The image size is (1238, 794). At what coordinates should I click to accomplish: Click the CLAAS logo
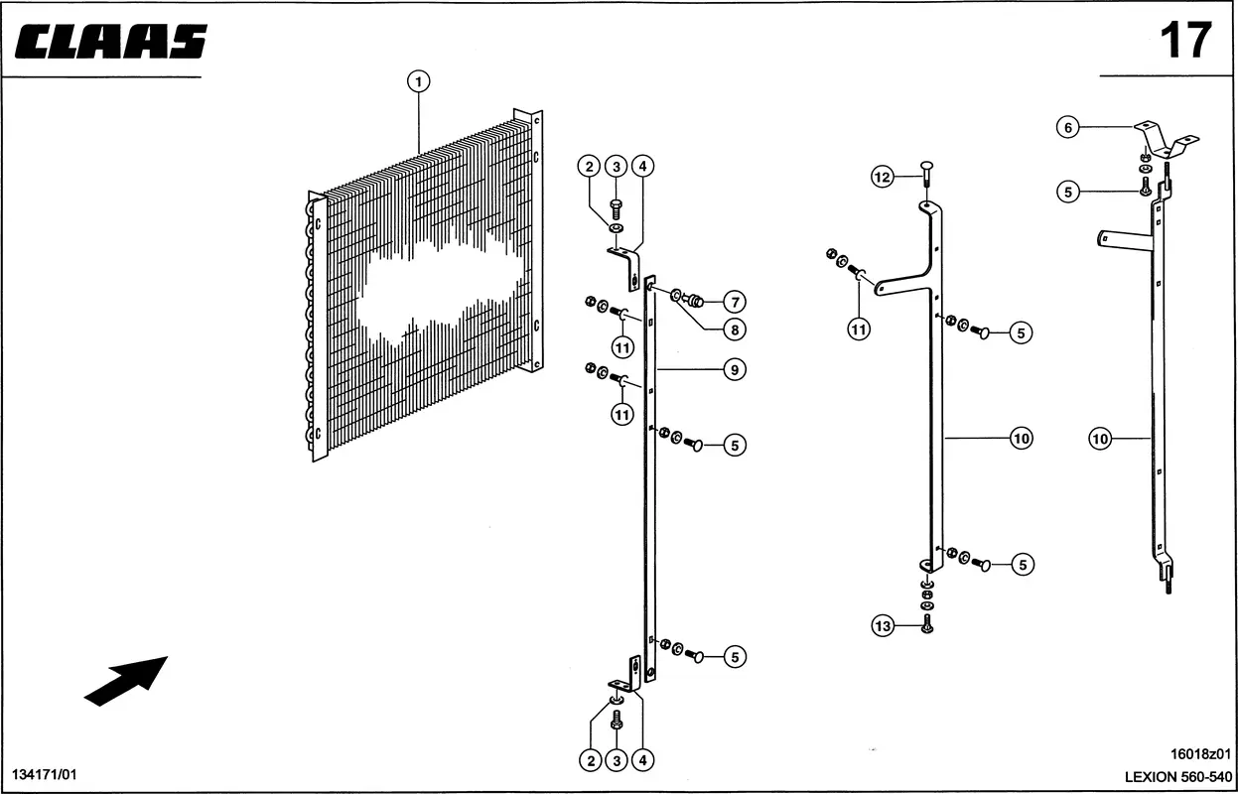click(x=111, y=41)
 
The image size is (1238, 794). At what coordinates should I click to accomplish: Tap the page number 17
click(x=1186, y=41)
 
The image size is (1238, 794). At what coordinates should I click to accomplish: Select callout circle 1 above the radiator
click(x=418, y=81)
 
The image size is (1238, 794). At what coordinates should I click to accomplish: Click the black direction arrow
click(x=126, y=681)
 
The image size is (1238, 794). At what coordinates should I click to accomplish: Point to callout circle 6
click(x=1068, y=128)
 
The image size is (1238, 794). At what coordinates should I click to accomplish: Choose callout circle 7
click(x=735, y=302)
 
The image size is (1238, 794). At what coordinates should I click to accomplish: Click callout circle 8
click(x=735, y=330)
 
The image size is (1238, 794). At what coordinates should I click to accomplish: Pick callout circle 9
click(x=735, y=369)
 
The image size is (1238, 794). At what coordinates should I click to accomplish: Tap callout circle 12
click(x=882, y=177)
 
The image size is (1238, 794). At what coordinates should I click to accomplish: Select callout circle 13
click(x=883, y=625)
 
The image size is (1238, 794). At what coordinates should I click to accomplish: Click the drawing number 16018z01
click(x=1200, y=753)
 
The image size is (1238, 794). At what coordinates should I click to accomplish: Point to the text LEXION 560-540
click(x=1177, y=776)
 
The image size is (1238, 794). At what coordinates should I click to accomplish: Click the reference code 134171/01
click(x=45, y=774)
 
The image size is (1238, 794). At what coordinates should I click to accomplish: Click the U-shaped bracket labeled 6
click(x=1167, y=140)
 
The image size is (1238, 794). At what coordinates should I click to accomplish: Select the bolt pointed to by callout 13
click(x=927, y=625)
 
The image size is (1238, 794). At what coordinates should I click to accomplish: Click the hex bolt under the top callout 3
click(x=616, y=209)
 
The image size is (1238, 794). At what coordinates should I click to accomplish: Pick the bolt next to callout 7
click(x=694, y=301)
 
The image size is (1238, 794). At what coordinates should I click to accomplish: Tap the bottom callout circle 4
click(x=642, y=760)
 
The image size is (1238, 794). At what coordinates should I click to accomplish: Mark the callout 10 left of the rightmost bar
click(x=1100, y=440)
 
